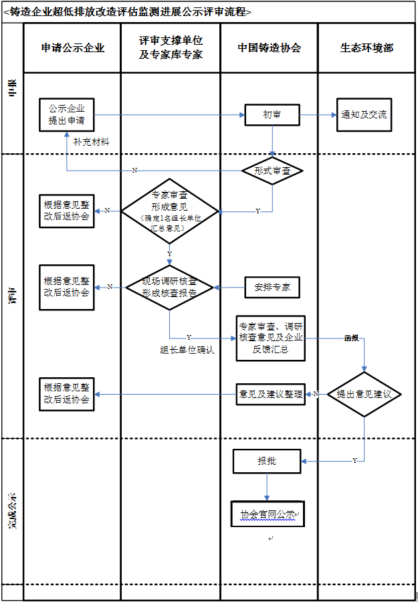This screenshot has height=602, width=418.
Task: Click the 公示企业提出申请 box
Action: coord(67,115)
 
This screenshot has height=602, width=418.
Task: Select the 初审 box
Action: coord(272,115)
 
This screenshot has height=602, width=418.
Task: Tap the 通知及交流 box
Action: coord(364,115)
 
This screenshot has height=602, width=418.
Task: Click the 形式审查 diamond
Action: coord(272,171)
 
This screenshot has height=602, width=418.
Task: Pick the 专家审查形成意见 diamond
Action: coord(169,211)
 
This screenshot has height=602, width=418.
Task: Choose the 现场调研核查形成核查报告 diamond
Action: coord(169,287)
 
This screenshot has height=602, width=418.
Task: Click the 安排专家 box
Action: coord(272,287)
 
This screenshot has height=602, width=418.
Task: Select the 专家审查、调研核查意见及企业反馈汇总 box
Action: coord(271,338)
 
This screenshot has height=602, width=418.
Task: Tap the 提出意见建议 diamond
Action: coord(364,394)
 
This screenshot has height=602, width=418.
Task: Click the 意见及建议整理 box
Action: coord(271,393)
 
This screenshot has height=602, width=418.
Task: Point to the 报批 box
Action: coord(267,462)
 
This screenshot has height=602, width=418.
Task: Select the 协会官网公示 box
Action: coord(267,514)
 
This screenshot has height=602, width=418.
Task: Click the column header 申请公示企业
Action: coord(72,48)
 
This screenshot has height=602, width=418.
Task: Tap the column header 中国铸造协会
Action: coord(269,48)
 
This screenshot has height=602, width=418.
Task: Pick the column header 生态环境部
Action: coord(367,48)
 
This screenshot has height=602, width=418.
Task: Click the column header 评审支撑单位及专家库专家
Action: coord(171,48)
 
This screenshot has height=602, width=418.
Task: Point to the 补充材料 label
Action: coord(92,142)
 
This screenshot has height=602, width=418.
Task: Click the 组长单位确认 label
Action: coord(187,350)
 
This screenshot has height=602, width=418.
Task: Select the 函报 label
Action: coord(351,338)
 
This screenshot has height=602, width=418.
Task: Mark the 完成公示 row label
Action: coord(12,512)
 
